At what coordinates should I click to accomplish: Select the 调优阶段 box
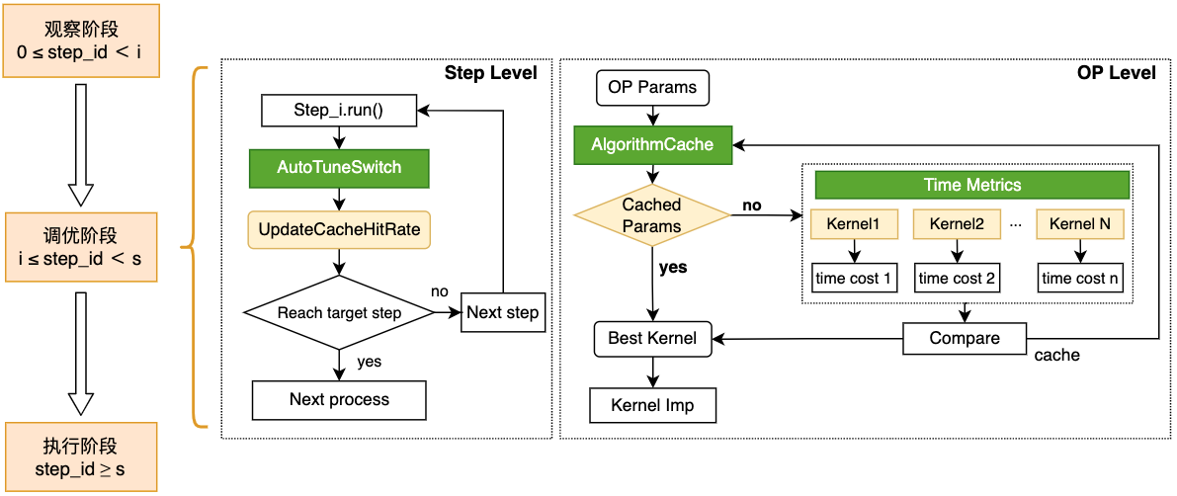(x=80, y=246)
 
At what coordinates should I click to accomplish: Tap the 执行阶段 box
(x=80, y=455)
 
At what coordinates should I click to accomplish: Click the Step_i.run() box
(x=339, y=111)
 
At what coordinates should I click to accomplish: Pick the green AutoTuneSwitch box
(x=339, y=167)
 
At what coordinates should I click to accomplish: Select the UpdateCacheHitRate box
(x=339, y=229)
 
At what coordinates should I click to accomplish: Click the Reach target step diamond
(x=339, y=313)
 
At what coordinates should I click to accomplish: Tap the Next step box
(x=503, y=313)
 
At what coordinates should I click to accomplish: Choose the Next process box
(x=339, y=399)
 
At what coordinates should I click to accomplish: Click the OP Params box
(x=652, y=87)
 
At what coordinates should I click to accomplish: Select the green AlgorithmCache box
(x=652, y=144)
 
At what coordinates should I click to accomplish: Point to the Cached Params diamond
(x=652, y=214)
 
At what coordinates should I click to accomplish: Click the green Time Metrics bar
(x=971, y=185)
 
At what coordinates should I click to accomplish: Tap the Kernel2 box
(x=957, y=224)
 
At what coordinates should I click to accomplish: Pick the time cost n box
(x=1080, y=279)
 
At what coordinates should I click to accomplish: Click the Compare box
(x=965, y=339)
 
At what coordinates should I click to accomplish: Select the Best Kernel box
(x=652, y=339)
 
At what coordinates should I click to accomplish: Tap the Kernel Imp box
(x=652, y=405)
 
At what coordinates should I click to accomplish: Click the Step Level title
(x=490, y=73)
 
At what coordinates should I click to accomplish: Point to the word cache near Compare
(x=1056, y=355)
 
